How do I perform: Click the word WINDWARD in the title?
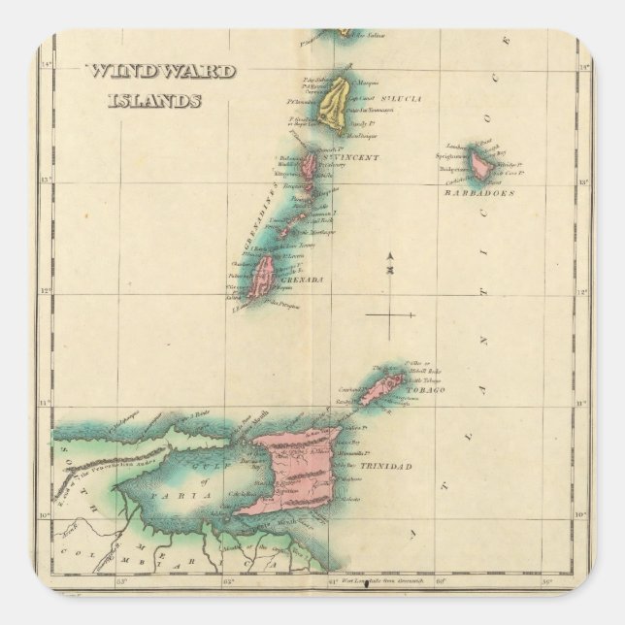point(146,72)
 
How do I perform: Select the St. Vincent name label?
point(352,157)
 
